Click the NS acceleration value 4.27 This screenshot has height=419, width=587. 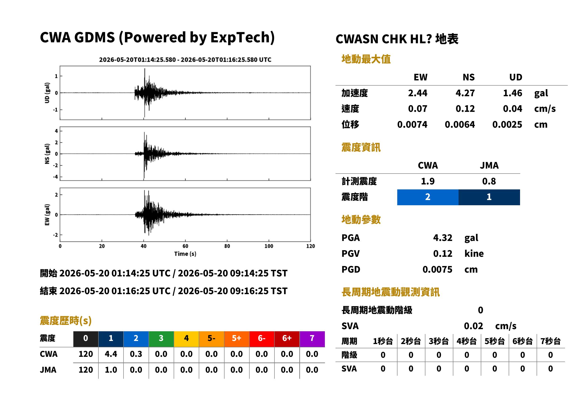click(465, 93)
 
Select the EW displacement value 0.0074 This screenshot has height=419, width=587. click(412, 125)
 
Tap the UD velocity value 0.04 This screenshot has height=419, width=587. click(512, 109)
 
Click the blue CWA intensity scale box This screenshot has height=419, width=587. click(428, 197)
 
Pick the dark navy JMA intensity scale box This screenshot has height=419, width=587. click(489, 197)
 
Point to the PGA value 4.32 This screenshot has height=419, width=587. click(443, 238)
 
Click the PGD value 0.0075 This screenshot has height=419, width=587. click(437, 269)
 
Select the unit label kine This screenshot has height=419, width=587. click(474, 254)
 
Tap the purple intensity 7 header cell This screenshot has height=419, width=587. click(312, 339)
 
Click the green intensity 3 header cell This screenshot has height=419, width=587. click(161, 339)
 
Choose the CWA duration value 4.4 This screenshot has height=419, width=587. click(111, 354)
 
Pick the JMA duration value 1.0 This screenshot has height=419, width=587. click(111, 370)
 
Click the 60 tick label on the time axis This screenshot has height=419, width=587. click(185, 246)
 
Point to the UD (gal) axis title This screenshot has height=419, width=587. click(47, 93)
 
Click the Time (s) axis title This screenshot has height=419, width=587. click(185, 254)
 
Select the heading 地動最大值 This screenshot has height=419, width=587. click(366, 59)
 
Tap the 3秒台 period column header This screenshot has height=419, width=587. click(439, 341)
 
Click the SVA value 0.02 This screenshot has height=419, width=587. click(473, 326)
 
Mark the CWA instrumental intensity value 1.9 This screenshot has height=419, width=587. click(428, 181)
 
